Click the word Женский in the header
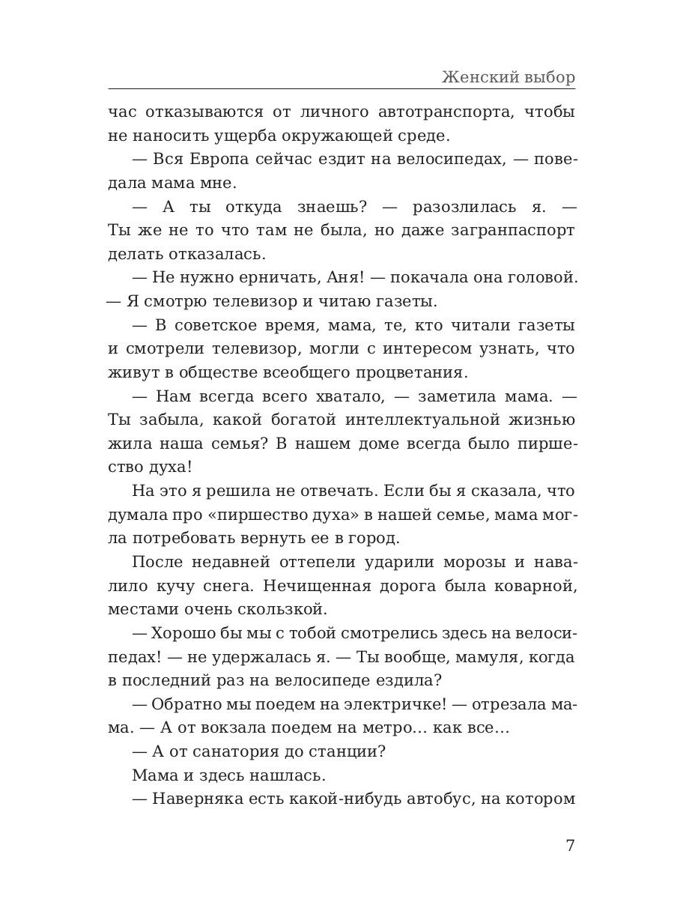tap(476, 77)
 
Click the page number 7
tap(570, 845)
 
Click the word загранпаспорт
tap(510, 230)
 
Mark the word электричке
tap(388, 704)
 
